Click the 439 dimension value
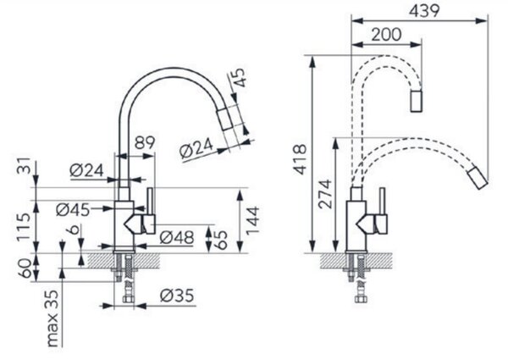pyautogui.click(x=424, y=11)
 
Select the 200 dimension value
pyautogui.click(x=386, y=35)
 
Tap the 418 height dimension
pyautogui.click(x=300, y=159)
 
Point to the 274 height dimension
pyautogui.click(x=325, y=194)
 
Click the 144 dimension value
pyautogui.click(x=252, y=220)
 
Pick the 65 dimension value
pyautogui.click(x=221, y=240)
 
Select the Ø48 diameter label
pyautogui.click(x=177, y=238)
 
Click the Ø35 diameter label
pyautogui.click(x=177, y=296)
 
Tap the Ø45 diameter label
pyautogui.click(x=73, y=210)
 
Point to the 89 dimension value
pyautogui.click(x=145, y=142)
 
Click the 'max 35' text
pyautogui.click(x=52, y=318)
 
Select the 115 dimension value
pyautogui.click(x=24, y=226)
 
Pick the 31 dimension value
pyautogui.click(x=24, y=166)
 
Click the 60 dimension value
pyautogui.click(x=25, y=268)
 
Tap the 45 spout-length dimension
pyautogui.click(x=240, y=77)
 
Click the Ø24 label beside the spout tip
pyautogui.click(x=196, y=149)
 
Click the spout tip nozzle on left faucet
pyautogui.click(x=226, y=119)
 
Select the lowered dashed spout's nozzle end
pyautogui.click(x=478, y=178)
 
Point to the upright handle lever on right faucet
pyautogui.click(x=383, y=202)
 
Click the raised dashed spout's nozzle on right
pyautogui.click(x=416, y=102)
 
